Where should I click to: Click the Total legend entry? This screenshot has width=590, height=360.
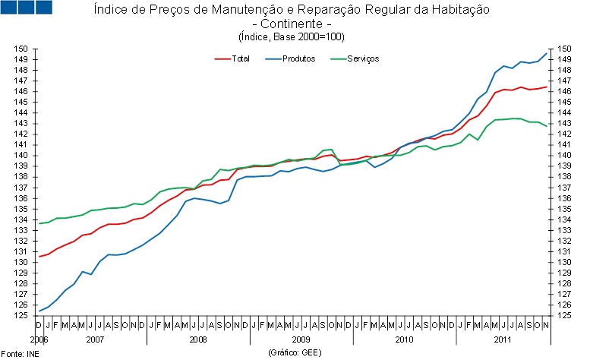(x=240, y=58)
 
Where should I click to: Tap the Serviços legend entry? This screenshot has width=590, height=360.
(x=363, y=58)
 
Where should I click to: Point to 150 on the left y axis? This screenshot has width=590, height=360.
(x=22, y=49)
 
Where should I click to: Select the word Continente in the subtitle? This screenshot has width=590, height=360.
(x=292, y=24)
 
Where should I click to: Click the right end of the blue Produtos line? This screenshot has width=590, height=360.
(x=547, y=53)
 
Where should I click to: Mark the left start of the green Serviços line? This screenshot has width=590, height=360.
(x=39, y=223)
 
